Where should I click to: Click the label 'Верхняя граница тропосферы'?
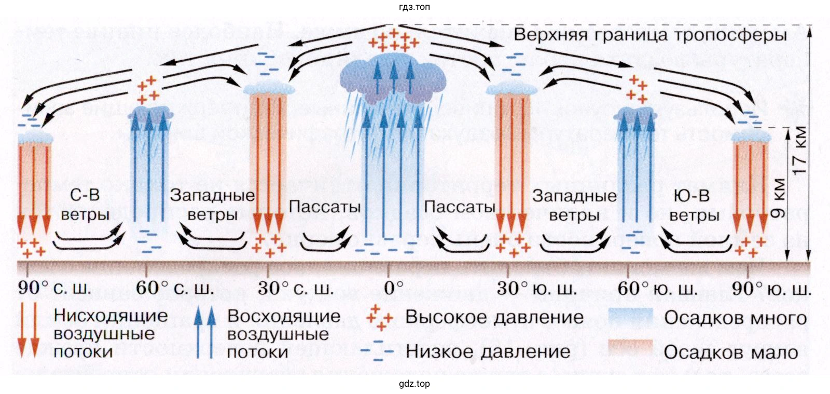tap(650, 35)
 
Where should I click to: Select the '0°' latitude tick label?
tap(393, 288)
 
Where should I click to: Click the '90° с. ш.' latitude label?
tap(54, 288)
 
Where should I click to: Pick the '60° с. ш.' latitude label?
tap(174, 288)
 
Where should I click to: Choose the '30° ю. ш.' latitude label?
tap(536, 288)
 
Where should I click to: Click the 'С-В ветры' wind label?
tap(85, 205)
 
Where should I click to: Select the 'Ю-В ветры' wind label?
tap(694, 205)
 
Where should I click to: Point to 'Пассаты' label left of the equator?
tap(324, 207)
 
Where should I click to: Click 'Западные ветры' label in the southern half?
tap(574, 205)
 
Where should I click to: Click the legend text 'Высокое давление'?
tap(494, 317)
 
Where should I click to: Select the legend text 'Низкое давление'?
tap(488, 351)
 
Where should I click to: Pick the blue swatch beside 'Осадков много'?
tap(630, 318)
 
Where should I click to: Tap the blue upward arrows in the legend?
tap(204, 332)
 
